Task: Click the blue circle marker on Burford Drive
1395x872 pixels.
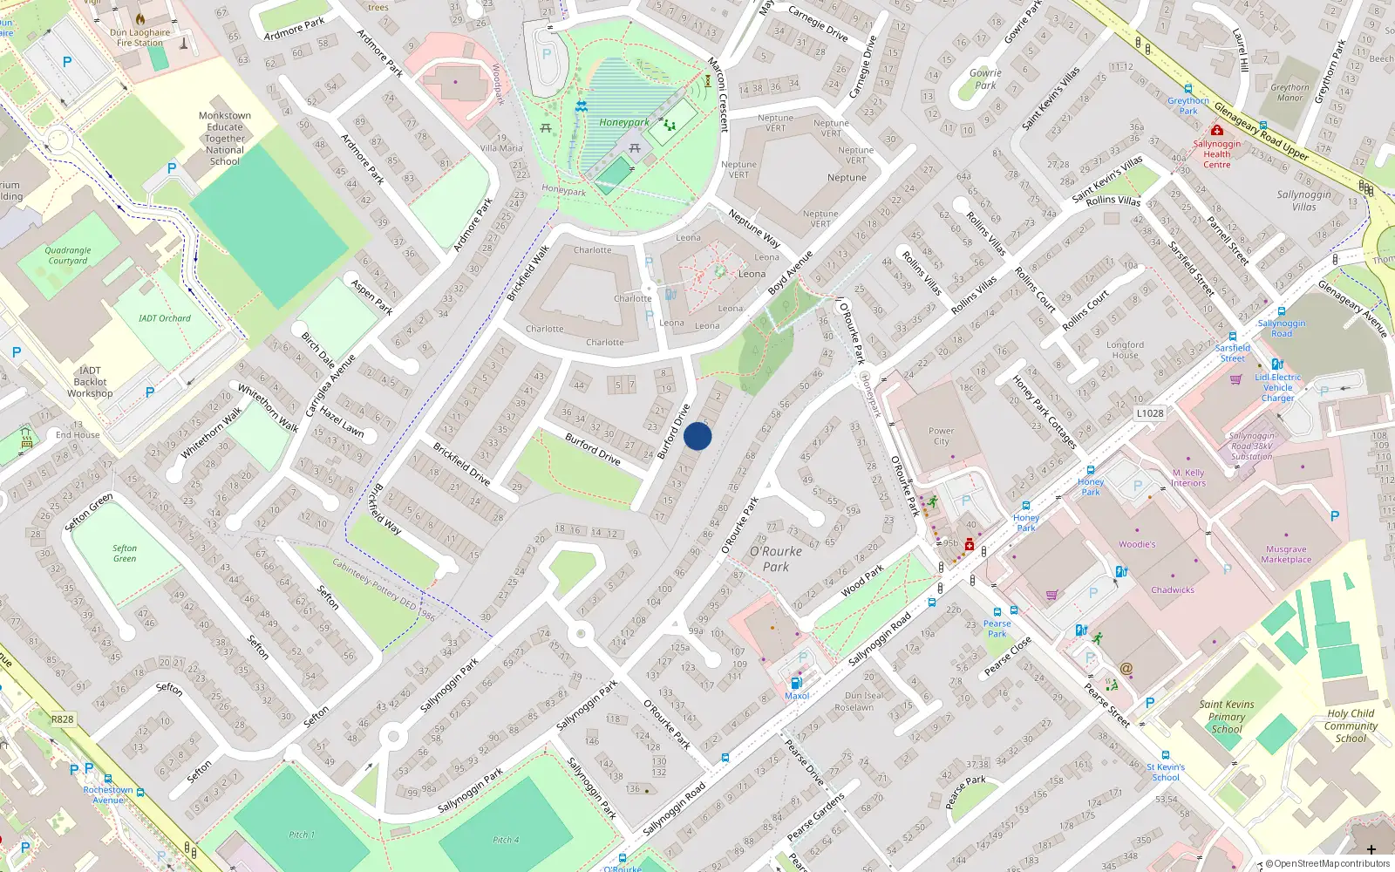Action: [x=697, y=436]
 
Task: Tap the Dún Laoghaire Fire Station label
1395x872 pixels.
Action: [x=140, y=37]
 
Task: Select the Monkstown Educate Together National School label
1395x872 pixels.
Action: [x=225, y=139]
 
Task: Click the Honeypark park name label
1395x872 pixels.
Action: [x=623, y=123]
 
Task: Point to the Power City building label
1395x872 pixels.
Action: [x=941, y=436]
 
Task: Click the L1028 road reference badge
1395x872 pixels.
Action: [x=1149, y=413]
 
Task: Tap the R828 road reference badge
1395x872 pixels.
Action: [x=62, y=719]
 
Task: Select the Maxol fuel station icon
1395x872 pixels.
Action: [x=795, y=684]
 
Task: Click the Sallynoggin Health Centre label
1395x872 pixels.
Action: [x=1216, y=154]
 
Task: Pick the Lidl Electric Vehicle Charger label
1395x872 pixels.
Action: [x=1277, y=387]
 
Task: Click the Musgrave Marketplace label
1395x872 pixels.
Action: [x=1285, y=555]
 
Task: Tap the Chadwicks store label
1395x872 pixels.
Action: [x=1172, y=590]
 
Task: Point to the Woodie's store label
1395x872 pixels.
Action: [x=1137, y=544]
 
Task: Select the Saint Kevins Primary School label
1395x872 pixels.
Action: [x=1226, y=717]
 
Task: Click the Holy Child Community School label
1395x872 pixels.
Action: [x=1351, y=726]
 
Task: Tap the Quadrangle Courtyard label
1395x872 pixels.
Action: [x=68, y=255]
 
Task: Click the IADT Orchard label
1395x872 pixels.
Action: [x=164, y=318]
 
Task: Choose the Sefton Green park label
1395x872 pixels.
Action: [x=125, y=554]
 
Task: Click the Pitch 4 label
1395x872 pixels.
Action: [x=505, y=841]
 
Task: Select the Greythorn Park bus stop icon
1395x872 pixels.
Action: [x=1188, y=89]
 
